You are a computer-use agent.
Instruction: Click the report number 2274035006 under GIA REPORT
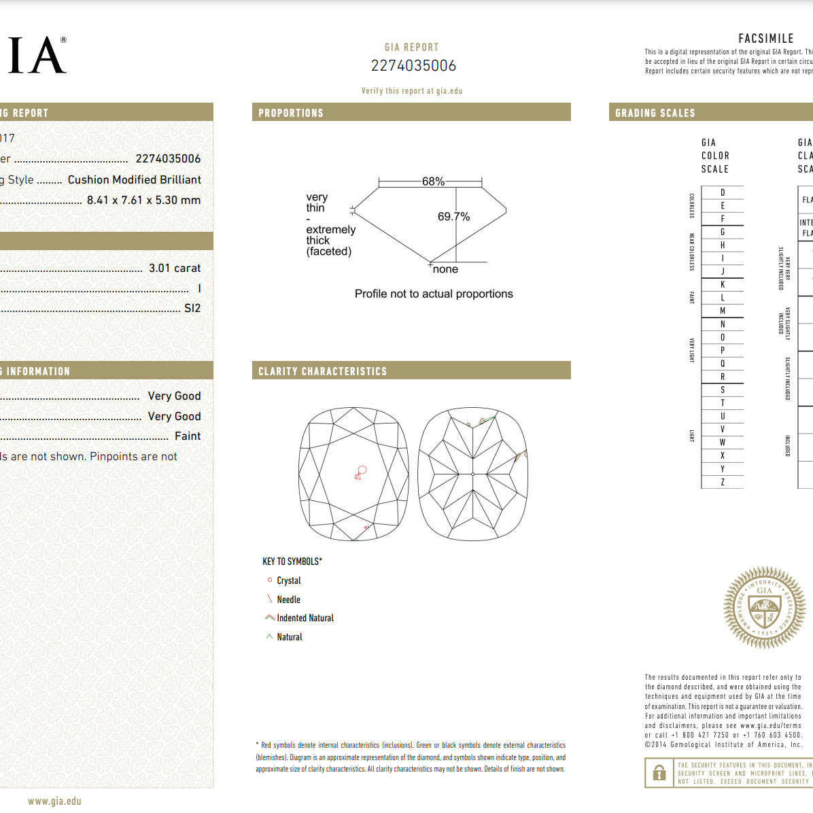pos(413,66)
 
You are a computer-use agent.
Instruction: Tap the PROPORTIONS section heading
pos(291,113)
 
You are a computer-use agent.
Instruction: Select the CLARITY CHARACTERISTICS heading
pos(322,371)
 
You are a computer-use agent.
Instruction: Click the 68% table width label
pos(433,181)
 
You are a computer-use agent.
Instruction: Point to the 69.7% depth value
pos(453,217)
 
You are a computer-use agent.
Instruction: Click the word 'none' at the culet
pos(445,269)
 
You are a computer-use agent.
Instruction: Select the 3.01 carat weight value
pos(175,268)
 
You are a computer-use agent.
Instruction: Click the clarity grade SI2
pos(192,308)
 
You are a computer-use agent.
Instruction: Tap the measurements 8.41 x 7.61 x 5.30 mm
pos(143,200)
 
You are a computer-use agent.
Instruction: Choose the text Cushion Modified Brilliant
pos(135,179)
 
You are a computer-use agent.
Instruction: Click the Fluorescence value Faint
pos(188,436)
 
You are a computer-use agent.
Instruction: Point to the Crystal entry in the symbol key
pos(288,581)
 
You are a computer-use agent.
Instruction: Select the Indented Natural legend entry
pos(305,618)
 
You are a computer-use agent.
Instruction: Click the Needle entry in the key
pos(288,600)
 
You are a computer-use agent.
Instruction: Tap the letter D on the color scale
pos(723,192)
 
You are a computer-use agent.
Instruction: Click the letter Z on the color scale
pos(723,482)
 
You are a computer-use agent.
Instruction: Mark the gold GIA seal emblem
pos(765,607)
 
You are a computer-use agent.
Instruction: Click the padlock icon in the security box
pos(659,773)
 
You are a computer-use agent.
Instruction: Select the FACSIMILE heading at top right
pos(766,39)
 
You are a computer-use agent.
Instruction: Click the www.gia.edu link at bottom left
pos(54,801)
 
